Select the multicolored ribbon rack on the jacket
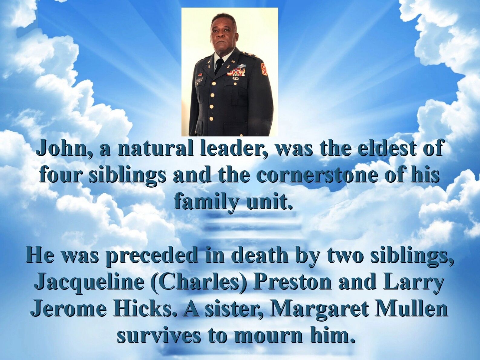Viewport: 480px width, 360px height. click(236, 72)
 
